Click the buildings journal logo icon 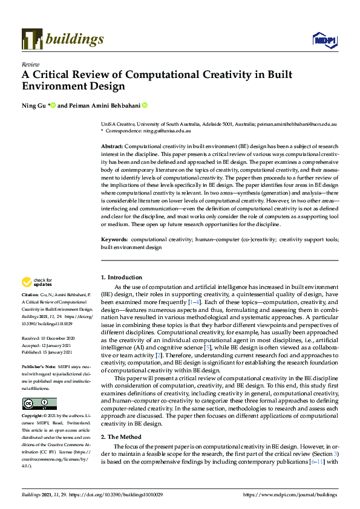coord(32,39)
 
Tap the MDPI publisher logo coord(324,40)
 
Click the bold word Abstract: coord(112,147)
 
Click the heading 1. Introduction coord(122,277)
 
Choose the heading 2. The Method coord(121,436)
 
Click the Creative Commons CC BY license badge coord(39,404)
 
